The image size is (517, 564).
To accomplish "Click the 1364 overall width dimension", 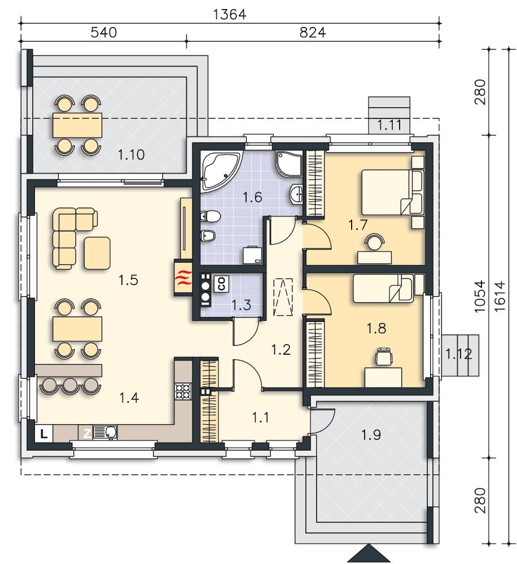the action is [x=230, y=15].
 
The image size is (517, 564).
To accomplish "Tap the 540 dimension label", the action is [x=104, y=32].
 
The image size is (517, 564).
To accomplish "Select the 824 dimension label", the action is [x=313, y=32].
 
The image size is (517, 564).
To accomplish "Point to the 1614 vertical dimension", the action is [x=500, y=296].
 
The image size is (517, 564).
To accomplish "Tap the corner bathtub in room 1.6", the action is [x=220, y=170].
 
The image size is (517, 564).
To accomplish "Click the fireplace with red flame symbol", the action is [x=183, y=277].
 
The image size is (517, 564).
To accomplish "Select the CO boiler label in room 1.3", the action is [x=221, y=284].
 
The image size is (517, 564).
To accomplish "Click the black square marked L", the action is [x=44, y=434].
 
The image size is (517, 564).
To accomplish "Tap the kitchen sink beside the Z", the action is [x=105, y=433].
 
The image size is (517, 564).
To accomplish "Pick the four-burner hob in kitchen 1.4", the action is [x=183, y=391].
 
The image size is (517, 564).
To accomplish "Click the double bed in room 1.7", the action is [x=392, y=192].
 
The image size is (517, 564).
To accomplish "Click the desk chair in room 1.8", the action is [x=384, y=357].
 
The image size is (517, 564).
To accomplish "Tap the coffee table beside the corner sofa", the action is [x=97, y=253].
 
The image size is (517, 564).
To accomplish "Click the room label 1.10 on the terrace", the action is [x=131, y=155].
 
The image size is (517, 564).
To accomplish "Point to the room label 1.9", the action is [x=371, y=435].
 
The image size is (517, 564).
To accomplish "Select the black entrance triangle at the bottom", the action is [x=369, y=554].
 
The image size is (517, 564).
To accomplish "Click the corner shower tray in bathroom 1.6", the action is [x=289, y=164].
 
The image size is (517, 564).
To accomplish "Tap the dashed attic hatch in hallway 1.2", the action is [x=283, y=297].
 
